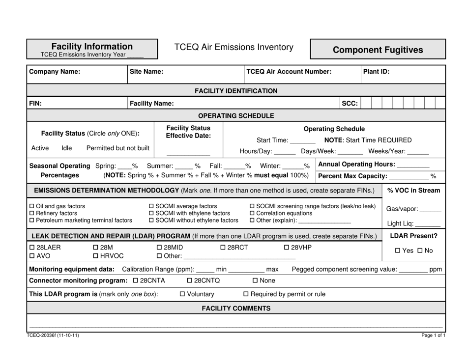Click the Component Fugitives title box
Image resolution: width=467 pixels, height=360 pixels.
click(378, 50)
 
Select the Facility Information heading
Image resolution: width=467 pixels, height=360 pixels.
click(92, 46)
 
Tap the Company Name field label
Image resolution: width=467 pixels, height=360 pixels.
click(55, 72)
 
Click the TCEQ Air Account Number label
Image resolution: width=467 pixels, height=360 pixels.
click(289, 72)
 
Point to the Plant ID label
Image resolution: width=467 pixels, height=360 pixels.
click(376, 72)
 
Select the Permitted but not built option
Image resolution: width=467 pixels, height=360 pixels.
click(118, 148)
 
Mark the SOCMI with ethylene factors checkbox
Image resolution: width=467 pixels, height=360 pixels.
click(151, 213)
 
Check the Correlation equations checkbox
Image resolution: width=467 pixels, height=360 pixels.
click(253, 213)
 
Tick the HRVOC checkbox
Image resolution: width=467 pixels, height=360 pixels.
click(96, 256)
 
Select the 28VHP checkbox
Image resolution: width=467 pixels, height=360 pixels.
click(287, 247)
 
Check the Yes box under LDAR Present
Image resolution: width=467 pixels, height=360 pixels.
click(399, 251)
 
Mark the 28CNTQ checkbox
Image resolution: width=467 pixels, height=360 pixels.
click(190, 280)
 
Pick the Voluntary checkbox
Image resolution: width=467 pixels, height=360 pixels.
click(183, 294)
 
